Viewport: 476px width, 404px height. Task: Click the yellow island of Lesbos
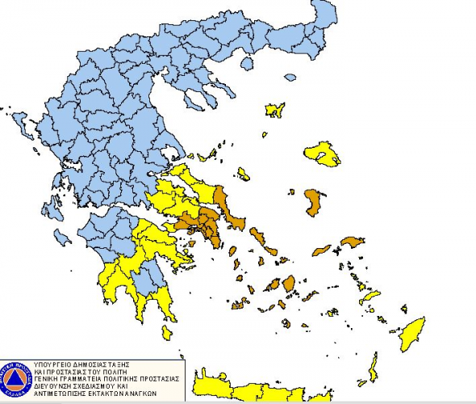coord(322,154)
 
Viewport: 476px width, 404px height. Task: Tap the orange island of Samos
coord(353,242)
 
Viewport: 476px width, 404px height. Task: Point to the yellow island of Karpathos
coord(373,368)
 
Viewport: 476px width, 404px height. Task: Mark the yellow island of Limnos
coord(275,110)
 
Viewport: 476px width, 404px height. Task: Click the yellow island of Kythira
coord(166,332)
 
